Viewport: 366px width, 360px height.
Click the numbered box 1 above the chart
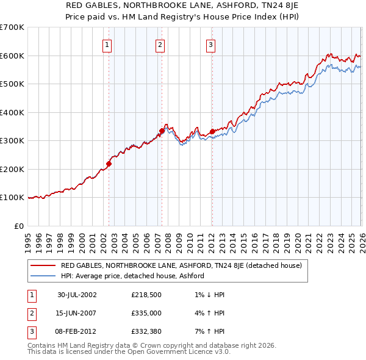(107, 44)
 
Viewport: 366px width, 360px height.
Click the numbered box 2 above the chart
(160, 44)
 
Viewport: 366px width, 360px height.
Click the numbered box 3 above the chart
(210, 44)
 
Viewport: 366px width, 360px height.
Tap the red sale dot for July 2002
(109, 164)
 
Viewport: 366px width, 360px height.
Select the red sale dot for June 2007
(162, 131)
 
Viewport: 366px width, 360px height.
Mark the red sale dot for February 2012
(212, 131)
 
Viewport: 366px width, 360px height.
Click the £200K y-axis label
(12, 169)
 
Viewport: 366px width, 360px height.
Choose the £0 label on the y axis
(19, 226)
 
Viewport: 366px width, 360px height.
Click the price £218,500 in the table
(146, 294)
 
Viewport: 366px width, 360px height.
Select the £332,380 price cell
(146, 333)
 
